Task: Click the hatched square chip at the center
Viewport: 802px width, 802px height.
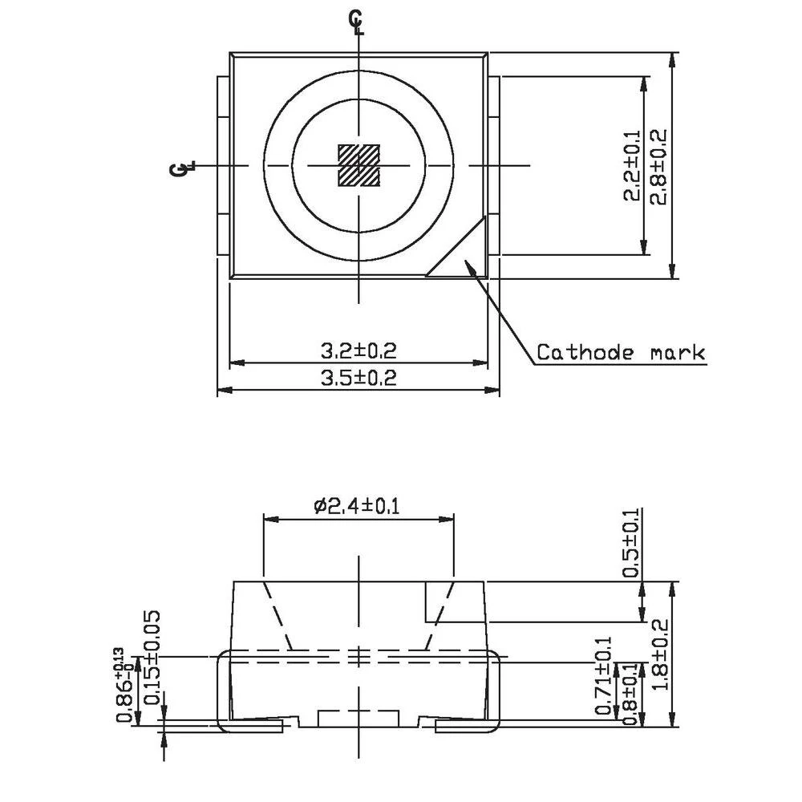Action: pos(358,165)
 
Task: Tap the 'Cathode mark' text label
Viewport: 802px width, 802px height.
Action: pos(620,352)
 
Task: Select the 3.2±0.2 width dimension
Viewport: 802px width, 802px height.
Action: pos(358,350)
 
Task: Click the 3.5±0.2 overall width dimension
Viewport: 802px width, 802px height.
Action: pos(358,378)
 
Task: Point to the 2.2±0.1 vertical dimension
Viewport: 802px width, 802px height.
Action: pos(632,166)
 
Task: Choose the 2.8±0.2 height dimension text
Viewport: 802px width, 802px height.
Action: pos(658,166)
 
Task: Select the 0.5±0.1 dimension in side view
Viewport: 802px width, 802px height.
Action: pos(632,543)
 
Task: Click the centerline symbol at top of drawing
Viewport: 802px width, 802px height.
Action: pos(357,22)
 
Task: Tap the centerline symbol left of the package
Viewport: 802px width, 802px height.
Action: pos(182,168)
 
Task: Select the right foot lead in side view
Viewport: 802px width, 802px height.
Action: pos(469,727)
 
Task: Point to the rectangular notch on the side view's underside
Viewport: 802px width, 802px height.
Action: pos(358,717)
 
